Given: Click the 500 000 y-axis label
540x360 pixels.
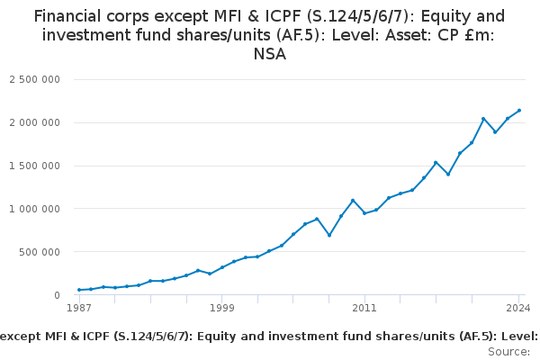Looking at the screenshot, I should click(x=41, y=252).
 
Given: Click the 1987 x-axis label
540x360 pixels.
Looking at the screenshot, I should click(x=79, y=309).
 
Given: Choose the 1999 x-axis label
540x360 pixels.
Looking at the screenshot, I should click(x=222, y=309).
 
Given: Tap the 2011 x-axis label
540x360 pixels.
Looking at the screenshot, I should click(x=364, y=309).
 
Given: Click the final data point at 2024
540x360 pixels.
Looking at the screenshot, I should click(x=519, y=111).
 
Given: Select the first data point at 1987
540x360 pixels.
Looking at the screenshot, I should click(x=79, y=290).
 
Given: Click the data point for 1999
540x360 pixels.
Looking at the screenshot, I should click(x=222, y=267).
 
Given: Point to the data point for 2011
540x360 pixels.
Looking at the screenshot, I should click(x=364, y=213).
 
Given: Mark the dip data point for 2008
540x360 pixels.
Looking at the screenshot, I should click(x=329, y=235).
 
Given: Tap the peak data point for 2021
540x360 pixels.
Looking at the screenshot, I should click(x=483, y=119).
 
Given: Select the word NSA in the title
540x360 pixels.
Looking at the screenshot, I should click(x=270, y=54).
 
